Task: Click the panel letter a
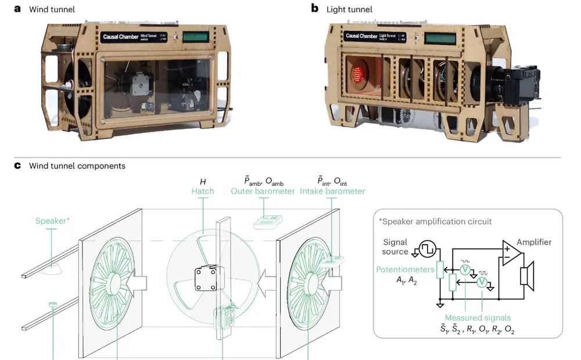pyautogui.click(x=17, y=9)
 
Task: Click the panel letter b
pyautogui.click(x=314, y=9)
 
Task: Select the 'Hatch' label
pyautogui.click(x=203, y=191)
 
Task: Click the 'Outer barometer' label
pyautogui.click(x=263, y=191)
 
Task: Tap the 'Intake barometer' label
pyautogui.click(x=332, y=191)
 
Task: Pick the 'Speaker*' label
pyautogui.click(x=52, y=221)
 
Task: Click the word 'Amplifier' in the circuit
pyautogui.click(x=534, y=242)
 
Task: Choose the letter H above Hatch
pyautogui.click(x=203, y=181)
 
